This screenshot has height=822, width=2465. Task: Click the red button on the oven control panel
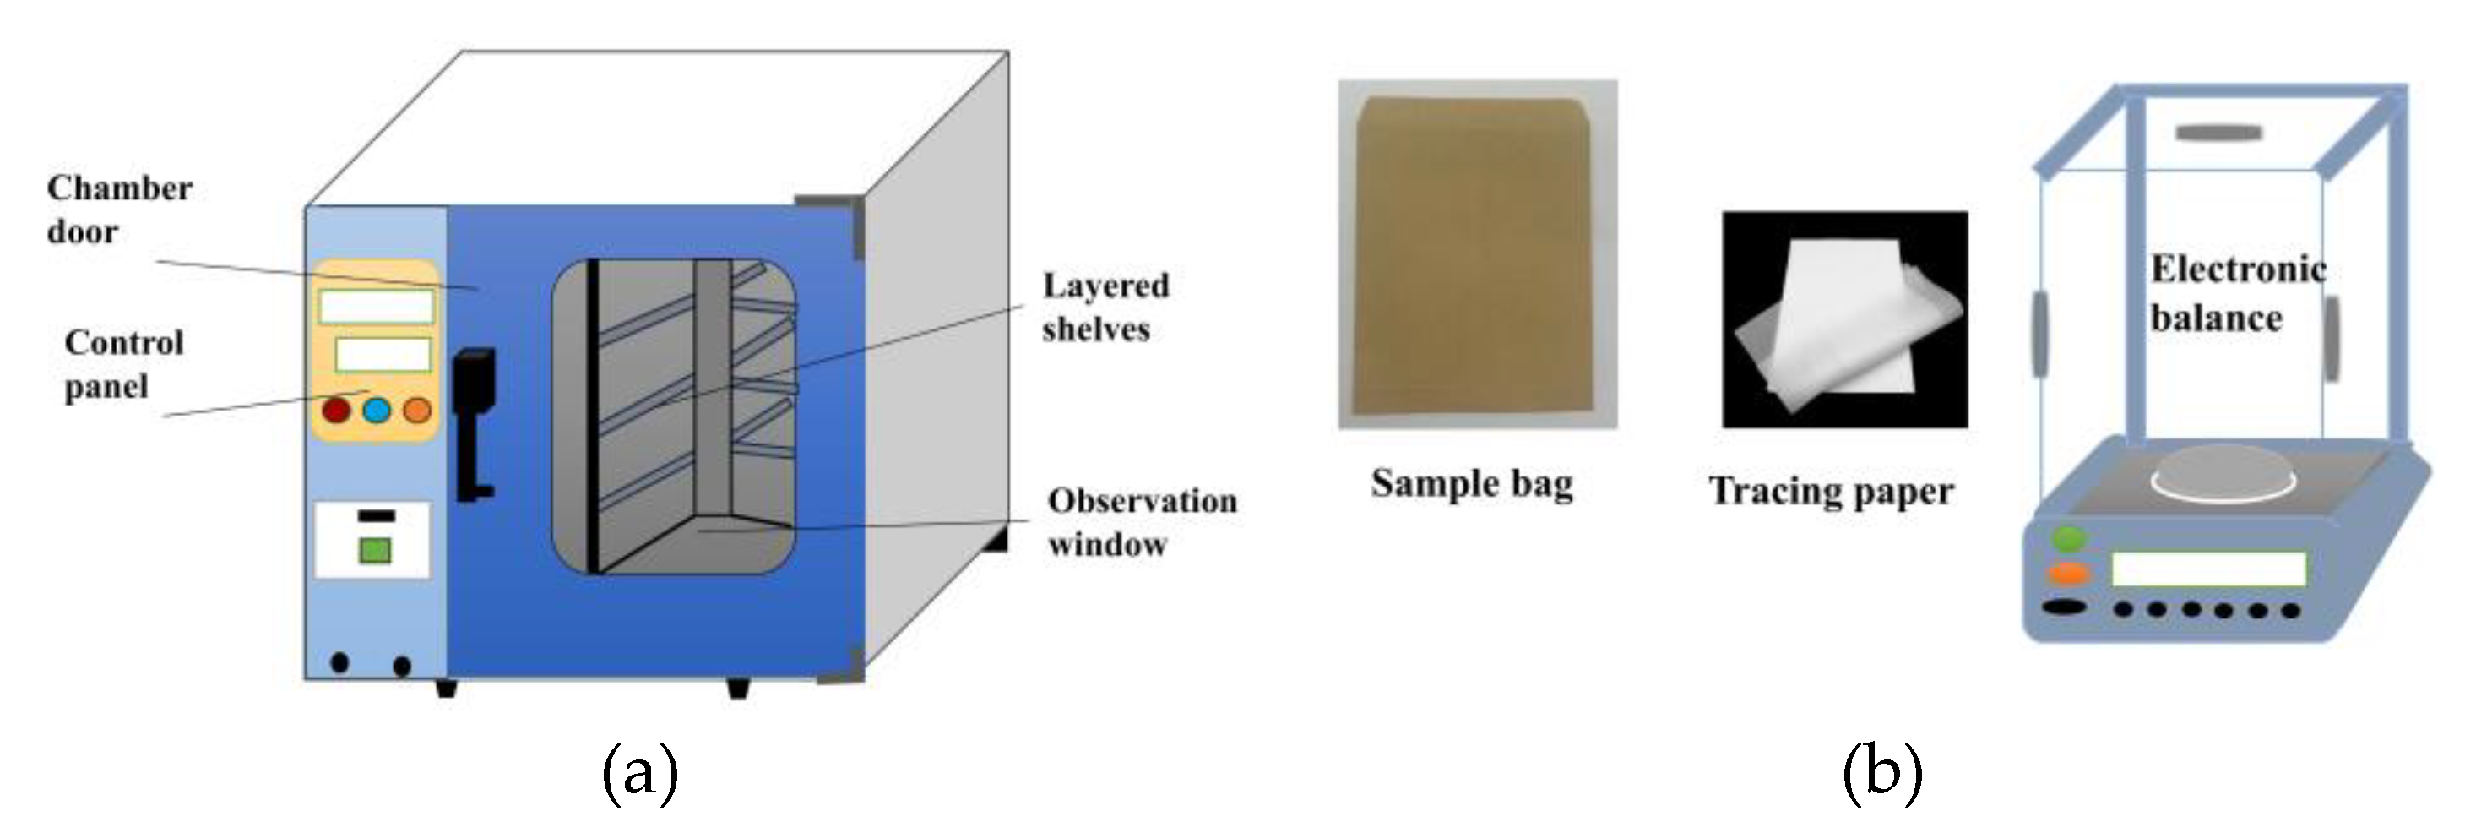(x=336, y=411)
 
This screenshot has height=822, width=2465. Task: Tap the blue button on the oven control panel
(x=377, y=411)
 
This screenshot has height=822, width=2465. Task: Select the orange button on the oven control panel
(x=417, y=411)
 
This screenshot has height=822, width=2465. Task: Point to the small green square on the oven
(x=374, y=551)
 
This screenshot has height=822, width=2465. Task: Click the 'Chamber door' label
(x=119, y=210)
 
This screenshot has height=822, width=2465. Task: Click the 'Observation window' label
(x=1142, y=522)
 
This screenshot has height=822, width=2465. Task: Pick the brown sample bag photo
(x=1476, y=253)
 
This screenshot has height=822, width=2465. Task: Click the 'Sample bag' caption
(x=1472, y=483)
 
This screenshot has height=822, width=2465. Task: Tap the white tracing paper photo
(x=1844, y=319)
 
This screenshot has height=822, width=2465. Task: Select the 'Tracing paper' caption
(x=1831, y=492)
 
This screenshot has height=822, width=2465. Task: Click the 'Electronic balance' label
(x=2237, y=293)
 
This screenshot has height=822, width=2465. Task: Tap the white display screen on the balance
(x=2207, y=569)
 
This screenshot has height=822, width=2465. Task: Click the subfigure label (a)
(x=640, y=772)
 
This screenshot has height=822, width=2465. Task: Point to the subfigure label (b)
(x=1881, y=772)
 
